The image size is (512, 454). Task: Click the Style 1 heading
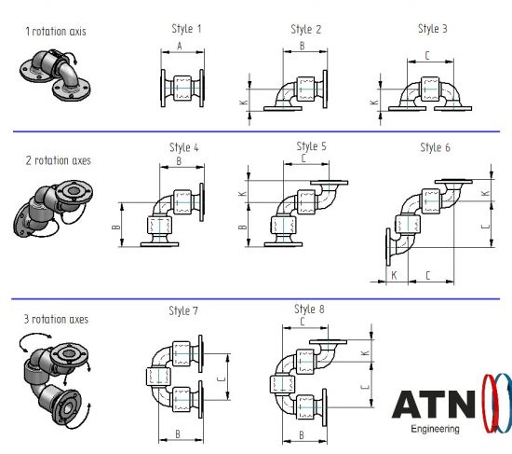pos(186,29)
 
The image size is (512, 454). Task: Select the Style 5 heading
pos(311,146)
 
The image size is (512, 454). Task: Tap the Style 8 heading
pos(309,310)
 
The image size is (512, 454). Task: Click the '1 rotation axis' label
pos(56,32)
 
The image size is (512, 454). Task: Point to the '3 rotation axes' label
pos(56,319)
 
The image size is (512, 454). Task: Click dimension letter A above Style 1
pos(180,47)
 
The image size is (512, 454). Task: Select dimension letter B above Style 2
pos(302,46)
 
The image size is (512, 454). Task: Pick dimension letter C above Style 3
pos(427,56)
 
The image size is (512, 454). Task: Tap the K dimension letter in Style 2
pos(244,103)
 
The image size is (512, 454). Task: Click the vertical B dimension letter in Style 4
pos(116,227)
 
